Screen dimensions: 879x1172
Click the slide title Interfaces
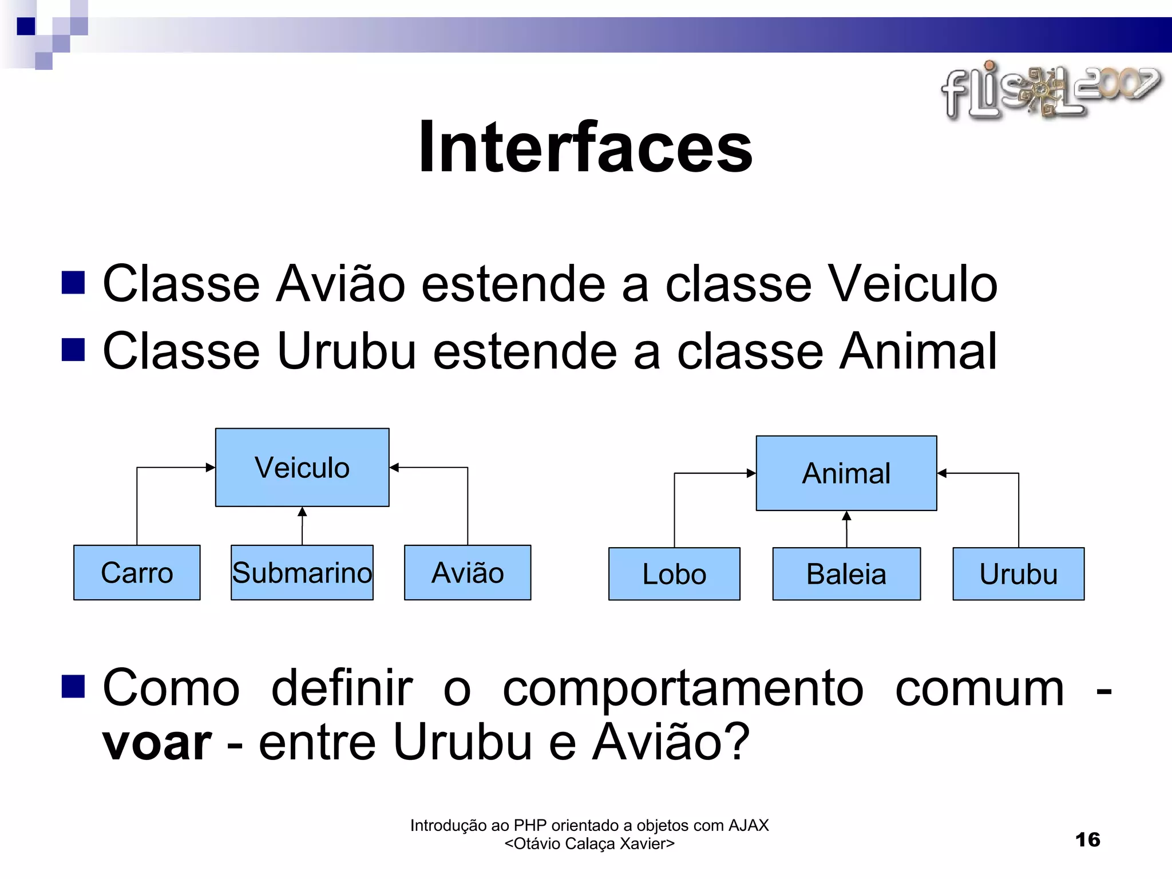tap(585, 148)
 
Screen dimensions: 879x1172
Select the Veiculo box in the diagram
tap(302, 467)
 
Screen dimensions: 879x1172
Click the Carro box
tap(137, 572)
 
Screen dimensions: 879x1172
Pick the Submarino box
tap(302, 572)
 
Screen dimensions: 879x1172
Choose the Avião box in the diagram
tap(468, 572)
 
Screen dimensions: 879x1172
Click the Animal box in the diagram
tap(846, 473)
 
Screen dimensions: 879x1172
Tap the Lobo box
tap(674, 574)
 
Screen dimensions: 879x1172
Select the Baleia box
tap(846, 574)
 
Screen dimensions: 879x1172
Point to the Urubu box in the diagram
tap(1018, 574)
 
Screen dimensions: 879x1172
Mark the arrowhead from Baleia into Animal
tap(846, 516)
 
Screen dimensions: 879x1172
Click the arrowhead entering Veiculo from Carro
tap(210, 468)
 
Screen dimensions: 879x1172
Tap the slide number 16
tap(1087, 840)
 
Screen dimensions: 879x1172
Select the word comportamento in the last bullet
tap(683, 689)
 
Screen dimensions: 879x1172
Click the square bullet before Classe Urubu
tap(73, 350)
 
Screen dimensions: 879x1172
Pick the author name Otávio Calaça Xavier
tap(589, 844)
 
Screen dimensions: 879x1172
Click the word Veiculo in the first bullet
tap(913, 284)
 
